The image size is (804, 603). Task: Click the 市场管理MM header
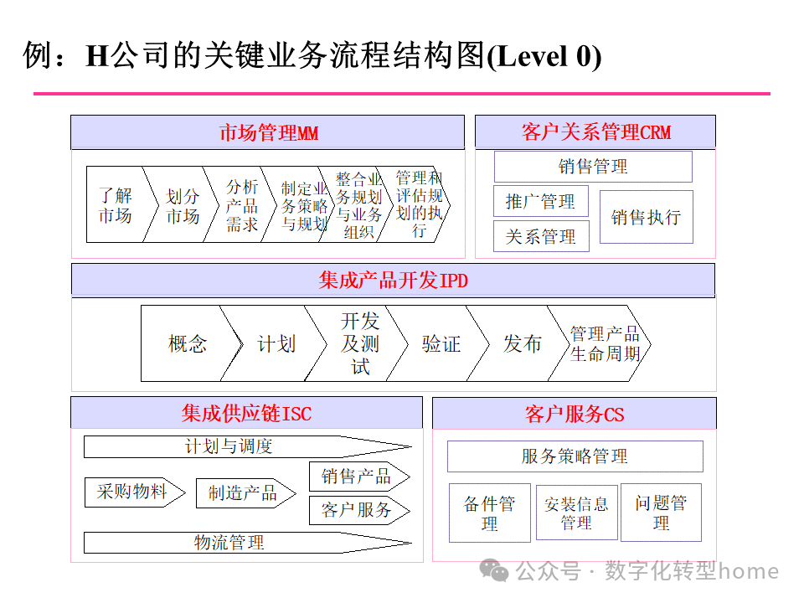(267, 132)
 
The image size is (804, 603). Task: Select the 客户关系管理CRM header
(595, 132)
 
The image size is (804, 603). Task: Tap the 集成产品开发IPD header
(393, 280)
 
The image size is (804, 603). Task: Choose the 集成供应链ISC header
(246, 413)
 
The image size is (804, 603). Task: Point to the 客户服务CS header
(574, 414)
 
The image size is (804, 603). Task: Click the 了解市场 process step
(116, 205)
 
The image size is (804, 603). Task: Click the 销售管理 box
(592, 167)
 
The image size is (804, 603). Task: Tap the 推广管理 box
(540, 202)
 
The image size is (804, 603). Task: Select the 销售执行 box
(646, 217)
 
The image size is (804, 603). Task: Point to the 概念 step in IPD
(186, 343)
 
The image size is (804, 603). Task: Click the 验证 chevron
(441, 343)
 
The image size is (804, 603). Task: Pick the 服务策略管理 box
(575, 456)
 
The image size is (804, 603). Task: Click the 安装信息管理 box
(576, 513)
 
